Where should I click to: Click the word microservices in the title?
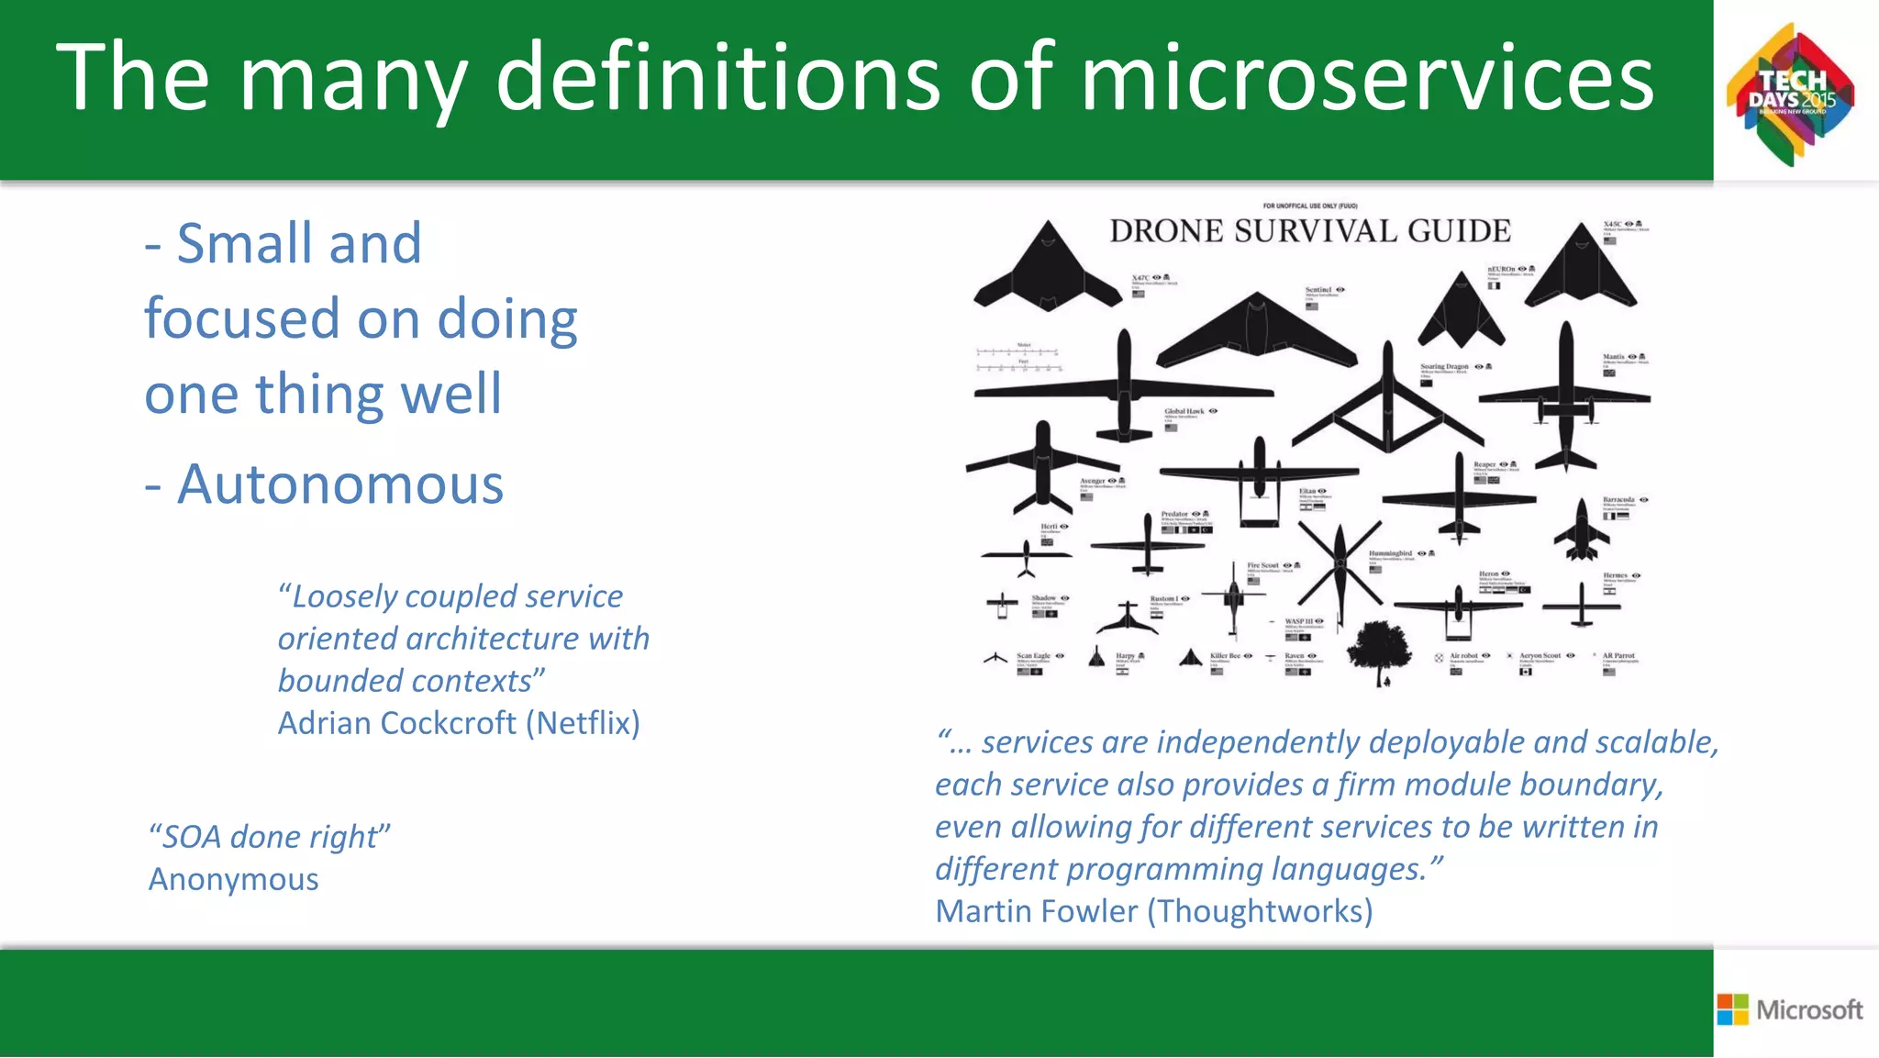pyautogui.click(x=1367, y=78)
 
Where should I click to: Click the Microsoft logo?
pyautogui.click(x=1790, y=1009)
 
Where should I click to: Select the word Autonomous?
pyautogui.click(x=340, y=484)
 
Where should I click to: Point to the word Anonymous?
pyautogui.click(x=234, y=879)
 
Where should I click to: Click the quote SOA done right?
pyautogui.click(x=270, y=837)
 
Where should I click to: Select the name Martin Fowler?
pyautogui.click(x=1037, y=911)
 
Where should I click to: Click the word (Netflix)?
pyautogui.click(x=583, y=723)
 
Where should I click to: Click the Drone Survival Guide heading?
pyautogui.click(x=1309, y=231)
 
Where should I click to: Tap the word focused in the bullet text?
pyautogui.click(x=242, y=319)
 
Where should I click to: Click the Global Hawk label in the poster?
pyautogui.click(x=1184, y=411)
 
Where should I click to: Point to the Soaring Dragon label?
pyautogui.click(x=1444, y=366)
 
